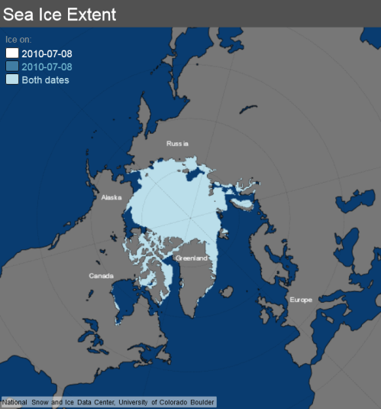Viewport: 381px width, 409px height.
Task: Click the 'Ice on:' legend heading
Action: tap(18, 39)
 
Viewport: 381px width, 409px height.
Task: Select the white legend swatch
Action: tap(12, 54)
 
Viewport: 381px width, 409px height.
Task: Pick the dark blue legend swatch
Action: tap(12, 67)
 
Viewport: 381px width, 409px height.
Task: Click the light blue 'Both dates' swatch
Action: tap(12, 80)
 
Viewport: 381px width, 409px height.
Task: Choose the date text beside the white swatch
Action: tap(47, 54)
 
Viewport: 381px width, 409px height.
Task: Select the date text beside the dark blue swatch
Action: tap(47, 67)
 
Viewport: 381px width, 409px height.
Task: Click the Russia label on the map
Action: tap(177, 143)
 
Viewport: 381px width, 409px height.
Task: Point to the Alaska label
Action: tap(111, 197)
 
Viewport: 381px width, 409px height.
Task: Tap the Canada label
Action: tap(102, 275)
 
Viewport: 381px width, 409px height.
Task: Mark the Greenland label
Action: tap(190, 258)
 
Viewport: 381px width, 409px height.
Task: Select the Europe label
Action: tap(301, 300)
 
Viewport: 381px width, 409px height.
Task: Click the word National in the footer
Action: tap(15, 401)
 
